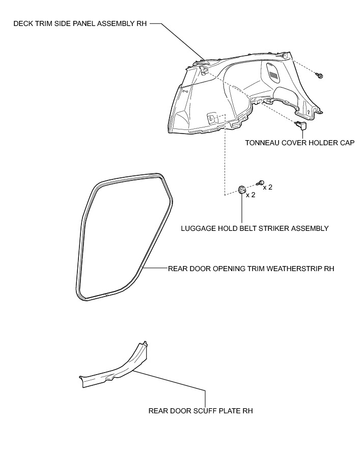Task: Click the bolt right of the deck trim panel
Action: tap(320, 76)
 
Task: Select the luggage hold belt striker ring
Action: tap(242, 191)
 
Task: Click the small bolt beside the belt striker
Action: tap(261, 182)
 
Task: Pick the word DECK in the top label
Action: tap(22, 24)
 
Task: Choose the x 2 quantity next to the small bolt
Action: tap(268, 187)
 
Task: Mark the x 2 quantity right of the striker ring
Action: tap(250, 195)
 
